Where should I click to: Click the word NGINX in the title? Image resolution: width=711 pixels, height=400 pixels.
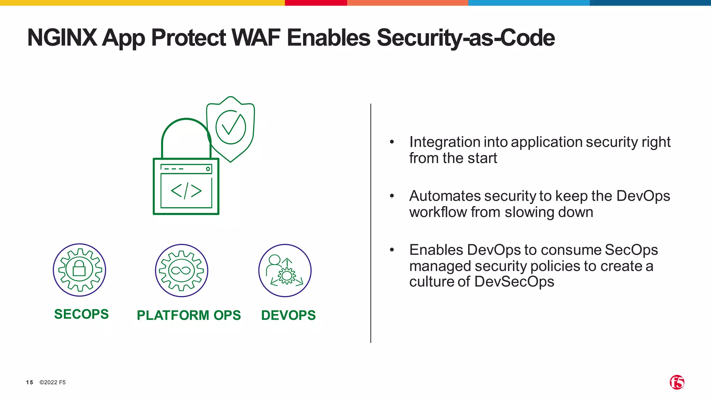click(x=62, y=37)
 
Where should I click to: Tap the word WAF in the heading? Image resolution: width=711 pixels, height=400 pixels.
click(x=256, y=37)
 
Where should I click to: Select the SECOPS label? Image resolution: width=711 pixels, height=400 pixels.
click(x=81, y=314)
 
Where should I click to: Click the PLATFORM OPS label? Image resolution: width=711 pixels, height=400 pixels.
click(x=189, y=315)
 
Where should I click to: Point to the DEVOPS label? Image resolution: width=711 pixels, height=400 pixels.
click(x=288, y=315)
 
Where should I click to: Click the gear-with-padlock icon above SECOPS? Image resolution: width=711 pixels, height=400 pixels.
click(x=80, y=270)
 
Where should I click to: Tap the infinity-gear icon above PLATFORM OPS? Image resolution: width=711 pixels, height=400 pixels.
click(x=181, y=270)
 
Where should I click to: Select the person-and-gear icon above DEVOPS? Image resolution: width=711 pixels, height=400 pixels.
click(x=285, y=270)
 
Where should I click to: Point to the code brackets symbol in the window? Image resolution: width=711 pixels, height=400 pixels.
click(x=186, y=191)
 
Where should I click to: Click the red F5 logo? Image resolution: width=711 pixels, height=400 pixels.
click(x=677, y=382)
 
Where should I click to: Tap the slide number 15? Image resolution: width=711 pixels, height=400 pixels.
click(x=30, y=382)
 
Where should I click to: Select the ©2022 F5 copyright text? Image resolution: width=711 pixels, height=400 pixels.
click(x=52, y=382)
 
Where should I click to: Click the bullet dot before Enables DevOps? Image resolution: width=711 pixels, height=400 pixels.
click(x=392, y=250)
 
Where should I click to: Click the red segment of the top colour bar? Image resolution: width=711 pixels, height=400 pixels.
click(x=316, y=3)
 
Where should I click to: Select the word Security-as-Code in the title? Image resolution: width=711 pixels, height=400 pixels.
click(x=466, y=37)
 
